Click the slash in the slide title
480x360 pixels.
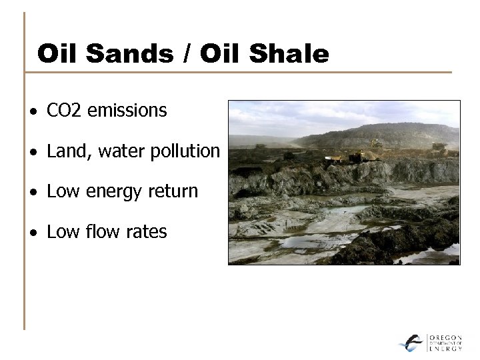pyautogui.click(x=185, y=54)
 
